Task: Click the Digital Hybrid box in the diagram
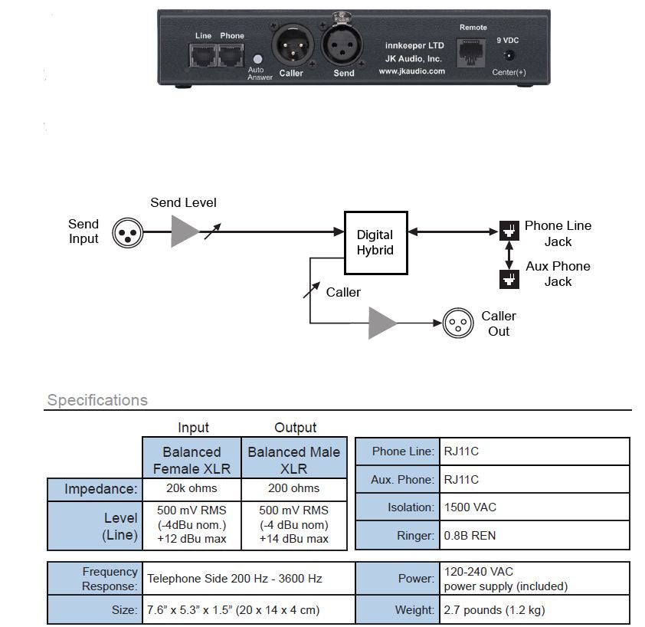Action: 375,242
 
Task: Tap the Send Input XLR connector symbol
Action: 127,231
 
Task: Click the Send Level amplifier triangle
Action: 185,231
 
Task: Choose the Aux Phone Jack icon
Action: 507,279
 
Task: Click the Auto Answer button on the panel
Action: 258,59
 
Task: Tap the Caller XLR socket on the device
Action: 290,48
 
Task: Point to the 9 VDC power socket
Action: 508,55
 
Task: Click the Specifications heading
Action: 97,400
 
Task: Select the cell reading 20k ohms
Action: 192,488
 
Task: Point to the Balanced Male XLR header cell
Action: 293,458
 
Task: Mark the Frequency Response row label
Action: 110,578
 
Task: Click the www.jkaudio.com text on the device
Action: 411,71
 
